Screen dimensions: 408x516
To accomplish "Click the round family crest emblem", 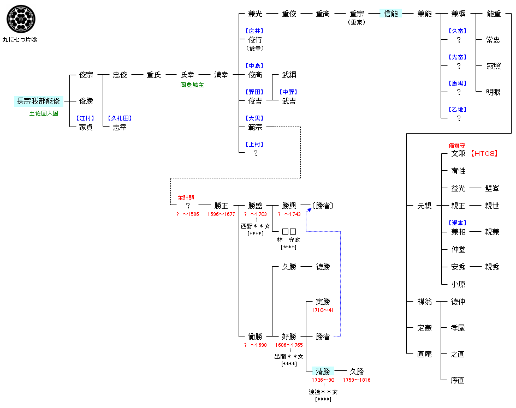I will [19, 19].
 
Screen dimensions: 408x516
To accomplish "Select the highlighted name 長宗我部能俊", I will [39, 101].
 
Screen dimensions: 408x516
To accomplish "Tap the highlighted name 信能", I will [391, 14].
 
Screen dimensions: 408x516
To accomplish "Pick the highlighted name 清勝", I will [323, 371].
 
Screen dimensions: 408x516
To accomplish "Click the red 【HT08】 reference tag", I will [484, 153].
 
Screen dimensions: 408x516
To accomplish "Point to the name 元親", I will [424, 206].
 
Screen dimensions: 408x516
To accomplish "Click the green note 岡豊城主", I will [192, 85].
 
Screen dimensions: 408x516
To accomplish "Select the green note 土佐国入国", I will [44, 113].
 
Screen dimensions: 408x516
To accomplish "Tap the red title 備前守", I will [456, 146].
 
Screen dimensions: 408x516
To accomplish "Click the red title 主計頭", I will [186, 197].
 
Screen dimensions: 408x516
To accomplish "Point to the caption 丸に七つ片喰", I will [20, 40].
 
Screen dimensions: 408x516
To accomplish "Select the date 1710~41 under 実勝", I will [322, 310].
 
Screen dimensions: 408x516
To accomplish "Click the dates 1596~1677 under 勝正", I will [221, 214].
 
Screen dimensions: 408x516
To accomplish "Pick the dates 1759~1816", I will [356, 380].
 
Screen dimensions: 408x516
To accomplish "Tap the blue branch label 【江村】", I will [86, 118].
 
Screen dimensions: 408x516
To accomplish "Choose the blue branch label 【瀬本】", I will [458, 223].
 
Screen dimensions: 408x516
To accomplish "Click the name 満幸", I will [221, 75].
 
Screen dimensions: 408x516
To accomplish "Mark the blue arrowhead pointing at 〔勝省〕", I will [309, 211].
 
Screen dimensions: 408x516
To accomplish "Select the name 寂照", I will [493, 66].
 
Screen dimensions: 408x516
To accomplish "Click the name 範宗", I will [255, 127].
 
